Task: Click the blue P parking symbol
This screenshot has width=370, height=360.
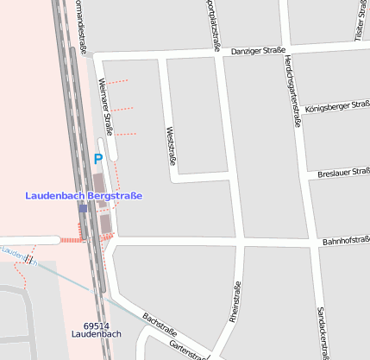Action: tap(97, 159)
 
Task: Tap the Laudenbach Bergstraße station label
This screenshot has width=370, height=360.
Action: tap(84, 196)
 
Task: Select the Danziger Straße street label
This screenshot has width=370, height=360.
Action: tap(258, 52)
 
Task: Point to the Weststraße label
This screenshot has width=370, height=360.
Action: tap(170, 144)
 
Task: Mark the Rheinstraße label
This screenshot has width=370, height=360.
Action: tap(235, 302)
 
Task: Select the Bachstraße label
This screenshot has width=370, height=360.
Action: tap(160, 324)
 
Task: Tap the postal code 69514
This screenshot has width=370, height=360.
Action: tap(97, 325)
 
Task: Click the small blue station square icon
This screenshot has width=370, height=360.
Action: tap(83, 208)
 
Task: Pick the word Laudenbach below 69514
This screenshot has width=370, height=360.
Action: tap(97, 334)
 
